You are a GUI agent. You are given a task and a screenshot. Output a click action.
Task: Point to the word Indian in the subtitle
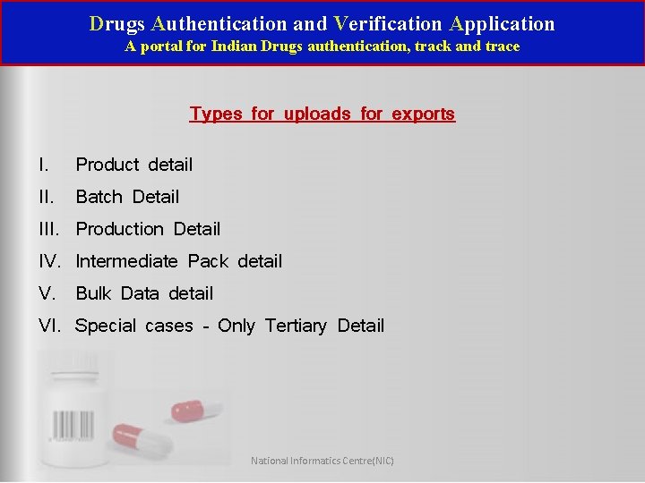pyautogui.click(x=233, y=47)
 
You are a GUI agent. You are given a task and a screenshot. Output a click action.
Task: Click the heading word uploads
pyautogui.click(x=320, y=114)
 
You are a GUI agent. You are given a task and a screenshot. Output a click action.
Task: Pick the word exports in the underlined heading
pyautogui.click(x=423, y=114)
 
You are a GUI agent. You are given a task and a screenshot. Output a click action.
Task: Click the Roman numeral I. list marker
pyautogui.click(x=43, y=165)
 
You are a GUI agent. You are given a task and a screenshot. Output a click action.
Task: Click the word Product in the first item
pyautogui.click(x=107, y=165)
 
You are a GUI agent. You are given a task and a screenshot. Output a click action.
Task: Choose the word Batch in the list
pyautogui.click(x=99, y=197)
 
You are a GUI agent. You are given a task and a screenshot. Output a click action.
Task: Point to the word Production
pyautogui.click(x=119, y=229)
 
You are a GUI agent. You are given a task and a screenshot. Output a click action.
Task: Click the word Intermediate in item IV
pyautogui.click(x=127, y=261)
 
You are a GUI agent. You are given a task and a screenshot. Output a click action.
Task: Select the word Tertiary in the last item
pyautogui.click(x=296, y=326)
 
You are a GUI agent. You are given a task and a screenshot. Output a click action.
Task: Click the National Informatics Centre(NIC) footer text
pyautogui.click(x=322, y=461)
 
